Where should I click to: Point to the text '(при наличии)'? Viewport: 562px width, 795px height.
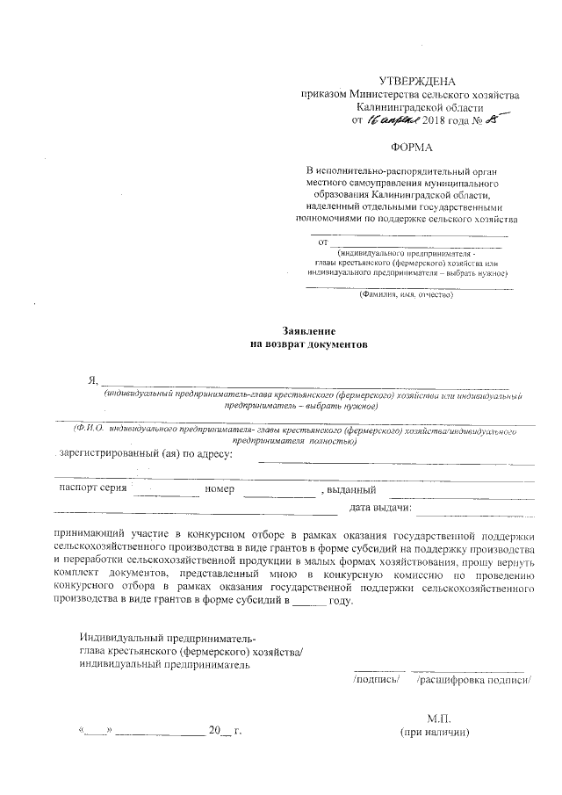point(436,733)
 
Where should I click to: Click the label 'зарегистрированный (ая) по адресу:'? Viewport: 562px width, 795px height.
point(143,454)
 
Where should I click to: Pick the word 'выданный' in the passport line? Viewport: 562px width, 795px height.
point(352,490)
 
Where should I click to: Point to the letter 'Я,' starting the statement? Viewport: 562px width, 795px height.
point(90,380)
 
